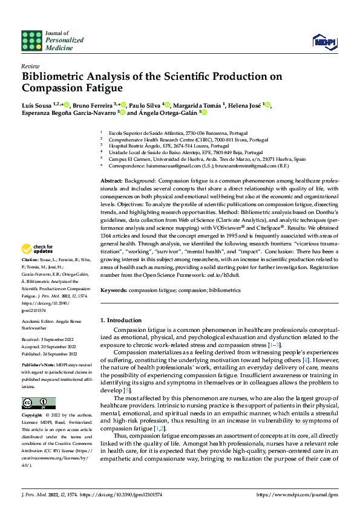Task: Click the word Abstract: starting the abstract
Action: [x=112, y=181]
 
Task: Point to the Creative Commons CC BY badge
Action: [x=39, y=403]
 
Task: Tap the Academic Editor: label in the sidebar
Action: [x=39, y=321]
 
